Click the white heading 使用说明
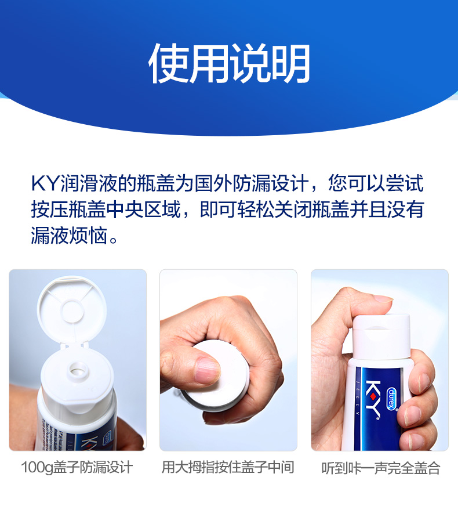(x=229, y=63)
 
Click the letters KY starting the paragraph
(x=45, y=183)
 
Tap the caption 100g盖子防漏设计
(x=77, y=467)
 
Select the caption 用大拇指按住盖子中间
(x=228, y=467)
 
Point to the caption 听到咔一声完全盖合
(x=381, y=468)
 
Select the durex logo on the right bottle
(x=391, y=398)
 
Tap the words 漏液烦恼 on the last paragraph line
(x=69, y=236)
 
